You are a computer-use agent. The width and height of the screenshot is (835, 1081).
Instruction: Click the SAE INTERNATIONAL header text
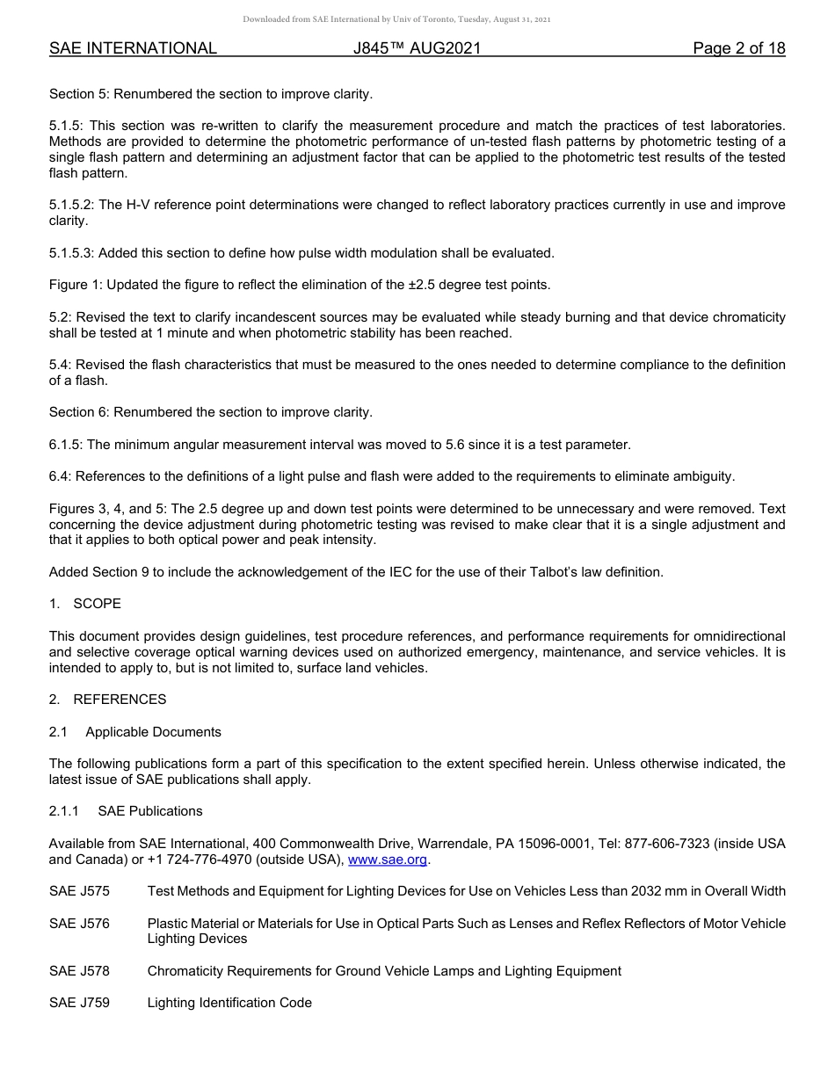[x=133, y=49]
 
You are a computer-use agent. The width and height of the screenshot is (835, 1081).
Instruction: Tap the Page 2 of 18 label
[x=738, y=49]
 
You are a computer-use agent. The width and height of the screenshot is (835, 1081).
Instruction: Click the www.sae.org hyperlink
[x=388, y=860]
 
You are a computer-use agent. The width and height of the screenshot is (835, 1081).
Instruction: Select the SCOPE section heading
[x=97, y=604]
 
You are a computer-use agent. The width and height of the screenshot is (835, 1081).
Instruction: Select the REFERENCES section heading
[x=120, y=700]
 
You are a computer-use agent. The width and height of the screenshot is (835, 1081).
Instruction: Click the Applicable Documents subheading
[x=153, y=732]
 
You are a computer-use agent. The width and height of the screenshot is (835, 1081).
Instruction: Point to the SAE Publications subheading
[x=149, y=811]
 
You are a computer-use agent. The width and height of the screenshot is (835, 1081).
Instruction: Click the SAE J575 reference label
[x=79, y=891]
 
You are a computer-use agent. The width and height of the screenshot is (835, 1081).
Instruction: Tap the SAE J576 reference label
[x=79, y=924]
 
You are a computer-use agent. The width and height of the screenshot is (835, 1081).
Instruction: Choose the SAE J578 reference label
[x=79, y=971]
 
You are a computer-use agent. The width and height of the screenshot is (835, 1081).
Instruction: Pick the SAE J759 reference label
[x=79, y=1003]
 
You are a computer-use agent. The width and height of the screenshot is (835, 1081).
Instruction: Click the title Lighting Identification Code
[x=229, y=1003]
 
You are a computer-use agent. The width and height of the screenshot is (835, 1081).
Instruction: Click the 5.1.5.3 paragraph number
[x=71, y=253]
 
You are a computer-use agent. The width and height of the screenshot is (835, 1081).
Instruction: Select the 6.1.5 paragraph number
[x=64, y=445]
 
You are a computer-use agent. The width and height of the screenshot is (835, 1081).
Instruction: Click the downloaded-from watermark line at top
[x=396, y=19]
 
